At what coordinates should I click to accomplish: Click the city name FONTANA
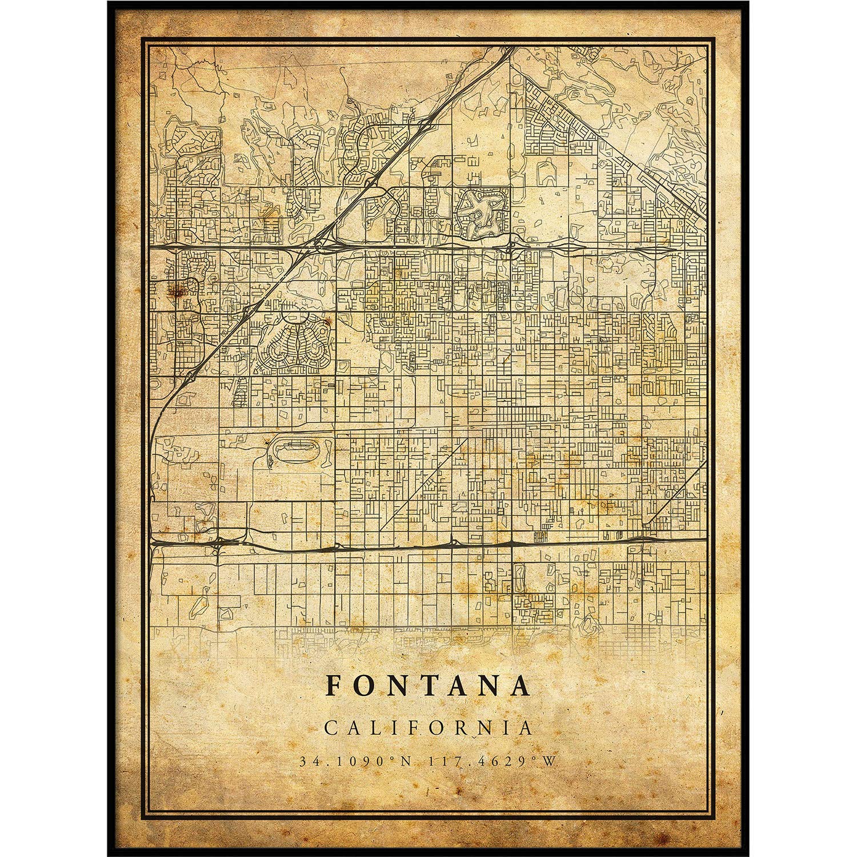428,687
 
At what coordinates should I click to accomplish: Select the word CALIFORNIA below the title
428,728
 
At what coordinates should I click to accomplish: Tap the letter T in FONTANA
427,687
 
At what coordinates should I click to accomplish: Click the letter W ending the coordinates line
552,761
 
